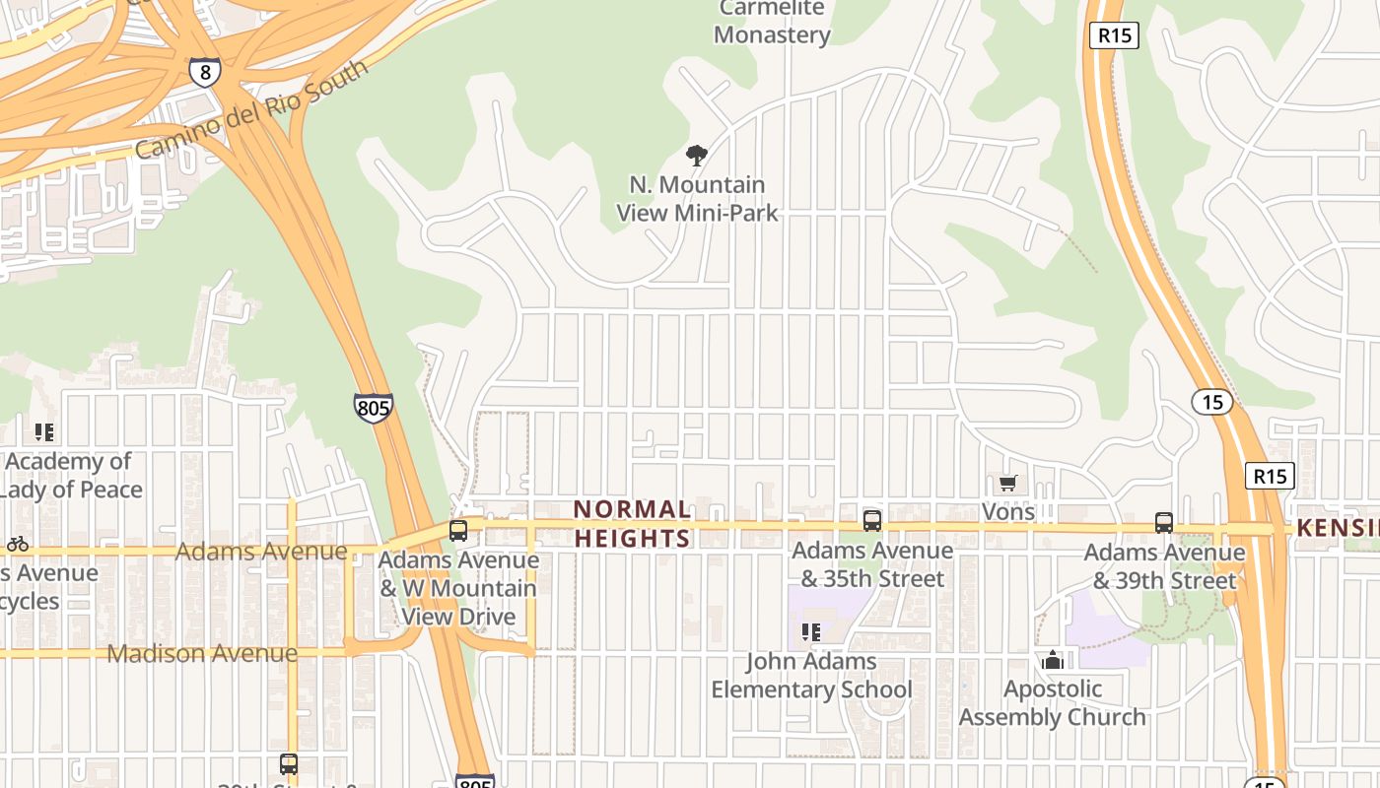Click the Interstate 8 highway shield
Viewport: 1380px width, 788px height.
click(204, 72)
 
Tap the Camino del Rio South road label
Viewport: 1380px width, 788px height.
click(252, 108)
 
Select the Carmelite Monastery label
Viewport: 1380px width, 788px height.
click(772, 22)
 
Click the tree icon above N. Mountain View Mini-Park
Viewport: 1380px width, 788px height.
click(697, 155)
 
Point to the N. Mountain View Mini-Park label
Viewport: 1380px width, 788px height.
click(697, 198)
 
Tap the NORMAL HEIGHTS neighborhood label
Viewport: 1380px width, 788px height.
click(632, 524)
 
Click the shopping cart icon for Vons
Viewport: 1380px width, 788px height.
click(1007, 483)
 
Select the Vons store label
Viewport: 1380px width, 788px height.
click(1008, 512)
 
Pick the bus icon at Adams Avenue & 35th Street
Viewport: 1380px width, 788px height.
click(871, 521)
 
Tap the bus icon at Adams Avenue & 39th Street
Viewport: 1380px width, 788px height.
click(1164, 523)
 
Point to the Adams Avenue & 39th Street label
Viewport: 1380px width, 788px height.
click(1164, 566)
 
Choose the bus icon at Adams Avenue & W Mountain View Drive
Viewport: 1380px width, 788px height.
click(458, 531)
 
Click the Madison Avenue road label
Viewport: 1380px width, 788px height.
click(202, 653)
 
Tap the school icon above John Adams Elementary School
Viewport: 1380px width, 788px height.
click(811, 632)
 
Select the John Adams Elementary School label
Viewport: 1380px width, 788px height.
click(812, 675)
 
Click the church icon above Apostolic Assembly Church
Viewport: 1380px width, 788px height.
click(1053, 660)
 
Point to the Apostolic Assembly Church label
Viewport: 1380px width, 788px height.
click(1053, 702)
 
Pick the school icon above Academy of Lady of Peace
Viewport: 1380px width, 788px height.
click(43, 432)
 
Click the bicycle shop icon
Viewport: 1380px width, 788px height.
click(17, 544)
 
